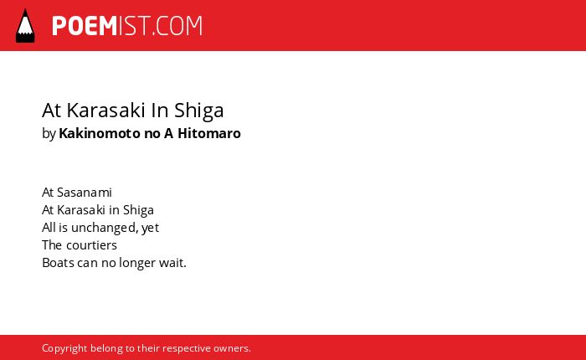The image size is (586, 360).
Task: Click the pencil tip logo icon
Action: coord(25,25)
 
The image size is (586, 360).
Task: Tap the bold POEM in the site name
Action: coord(85,26)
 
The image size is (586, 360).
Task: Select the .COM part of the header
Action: coord(177,26)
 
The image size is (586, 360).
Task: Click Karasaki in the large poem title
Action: coord(105,111)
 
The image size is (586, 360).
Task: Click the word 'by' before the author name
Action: coord(49,133)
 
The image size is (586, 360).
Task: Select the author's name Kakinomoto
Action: coord(100,133)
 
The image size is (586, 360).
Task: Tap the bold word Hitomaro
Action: coord(209,133)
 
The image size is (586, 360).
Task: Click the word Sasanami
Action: coord(84,193)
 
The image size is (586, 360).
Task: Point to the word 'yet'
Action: coord(150,228)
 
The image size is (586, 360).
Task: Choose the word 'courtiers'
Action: coord(91,245)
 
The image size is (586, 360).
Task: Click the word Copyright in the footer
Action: coord(64,348)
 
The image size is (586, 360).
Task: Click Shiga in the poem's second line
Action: coord(138,210)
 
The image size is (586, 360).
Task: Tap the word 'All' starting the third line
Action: coord(49,228)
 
